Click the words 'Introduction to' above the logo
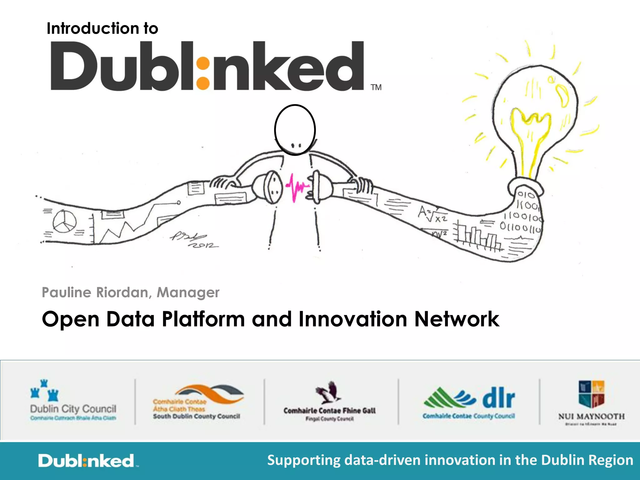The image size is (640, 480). pos(102,28)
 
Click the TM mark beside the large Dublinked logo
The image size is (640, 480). pos(376,87)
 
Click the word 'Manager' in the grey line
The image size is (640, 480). pos(188,292)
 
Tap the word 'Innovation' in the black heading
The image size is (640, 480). pos(352,319)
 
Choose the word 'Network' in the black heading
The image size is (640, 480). pos(457,319)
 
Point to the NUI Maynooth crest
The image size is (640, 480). pos(591,394)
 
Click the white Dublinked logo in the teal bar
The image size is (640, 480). pos(86,461)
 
